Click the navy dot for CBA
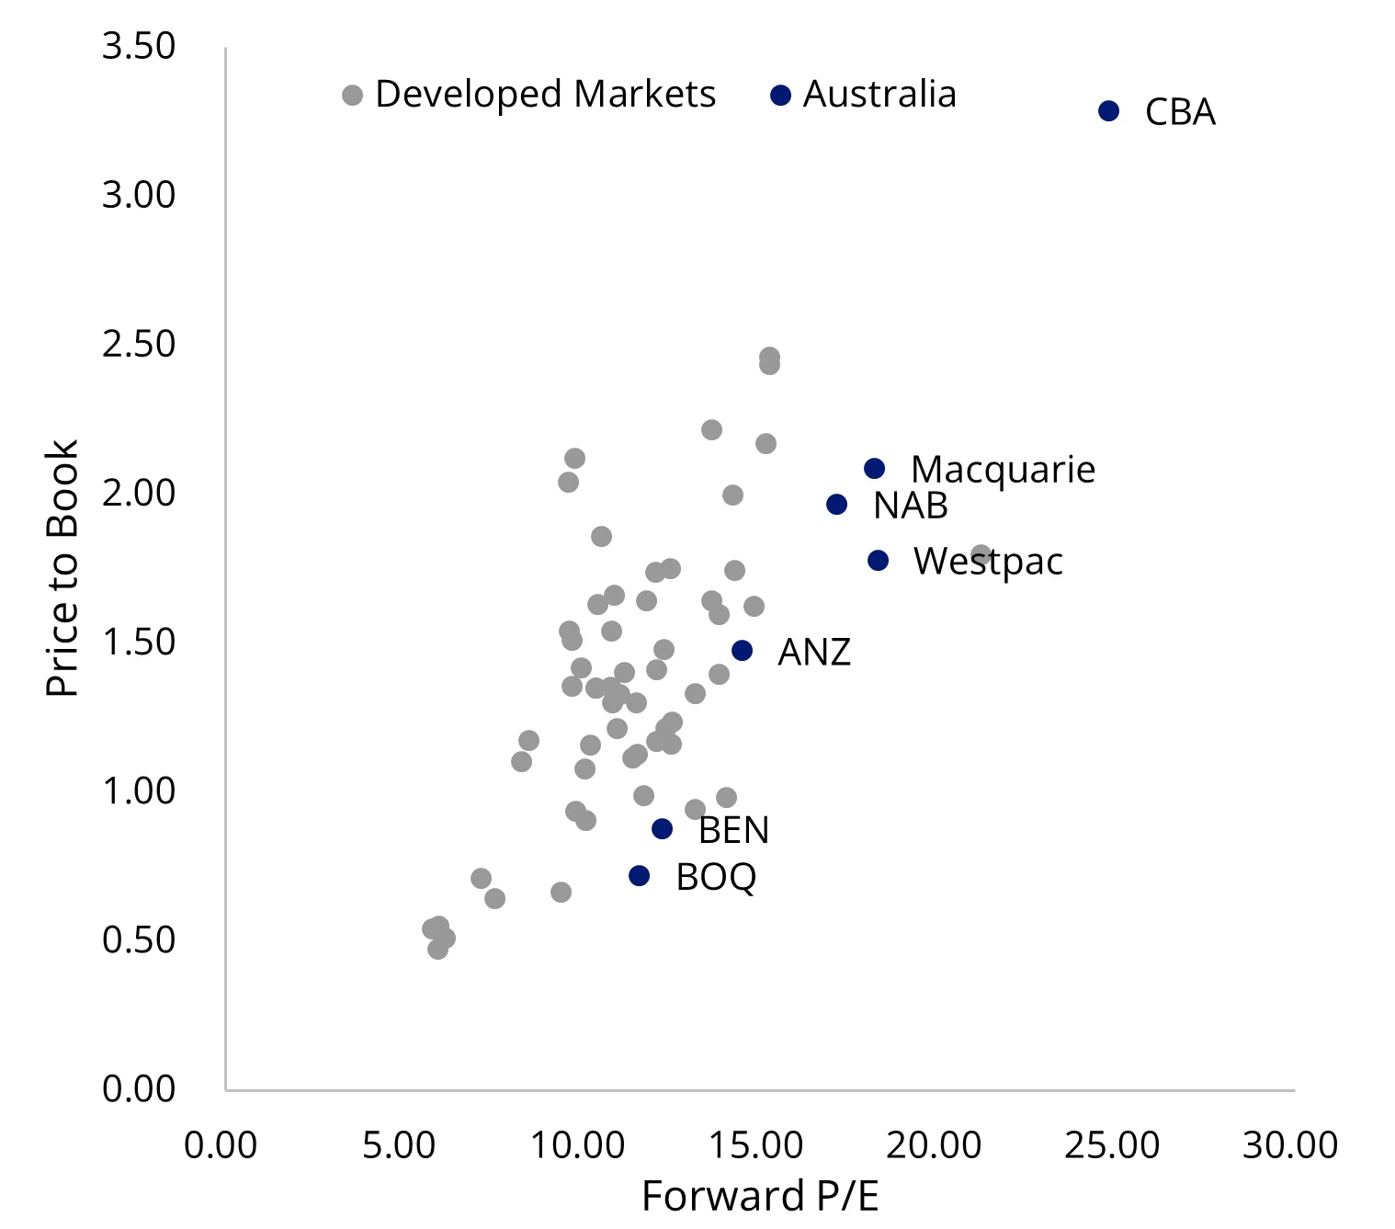point(1108,111)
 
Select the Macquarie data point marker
point(874,469)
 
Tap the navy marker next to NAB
point(836,505)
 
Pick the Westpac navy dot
point(878,561)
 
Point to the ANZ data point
point(742,651)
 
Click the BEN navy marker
point(662,829)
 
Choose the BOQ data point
point(639,876)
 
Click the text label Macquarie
point(1003,470)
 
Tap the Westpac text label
point(988,562)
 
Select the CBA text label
point(1180,112)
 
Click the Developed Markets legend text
point(545,95)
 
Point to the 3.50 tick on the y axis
point(139,46)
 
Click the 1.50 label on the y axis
point(139,642)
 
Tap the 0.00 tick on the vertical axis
point(139,1088)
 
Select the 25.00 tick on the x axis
point(1112,1146)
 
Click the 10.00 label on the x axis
point(578,1146)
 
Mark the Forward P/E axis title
point(759,1197)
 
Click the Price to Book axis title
point(62,568)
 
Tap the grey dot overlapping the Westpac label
point(981,555)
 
